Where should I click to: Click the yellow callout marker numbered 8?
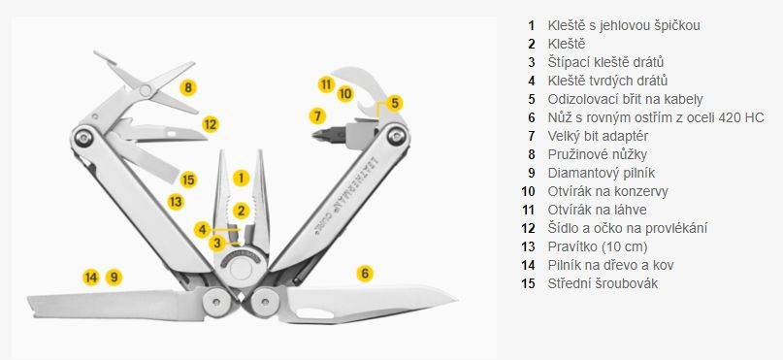coord(188,88)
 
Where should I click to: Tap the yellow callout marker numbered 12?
coord(211,124)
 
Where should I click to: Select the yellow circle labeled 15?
coord(188,180)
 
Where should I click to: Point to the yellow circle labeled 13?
coord(176,202)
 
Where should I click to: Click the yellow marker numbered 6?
coord(365,273)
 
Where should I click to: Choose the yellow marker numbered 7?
coord(317,115)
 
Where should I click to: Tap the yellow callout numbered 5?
coord(395,104)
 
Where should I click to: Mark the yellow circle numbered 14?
coord(91,278)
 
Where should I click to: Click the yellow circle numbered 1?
coord(241,178)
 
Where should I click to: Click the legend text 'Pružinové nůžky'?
coord(598,154)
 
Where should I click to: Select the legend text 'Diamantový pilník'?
coord(602,173)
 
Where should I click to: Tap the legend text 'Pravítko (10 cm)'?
coord(598,246)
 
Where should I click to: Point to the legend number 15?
coord(528,283)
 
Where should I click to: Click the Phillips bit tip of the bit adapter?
coord(314,134)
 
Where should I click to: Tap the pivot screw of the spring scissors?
coord(146,90)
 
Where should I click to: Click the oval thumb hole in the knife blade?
coord(315,313)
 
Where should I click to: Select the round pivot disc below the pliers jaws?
coord(242,268)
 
